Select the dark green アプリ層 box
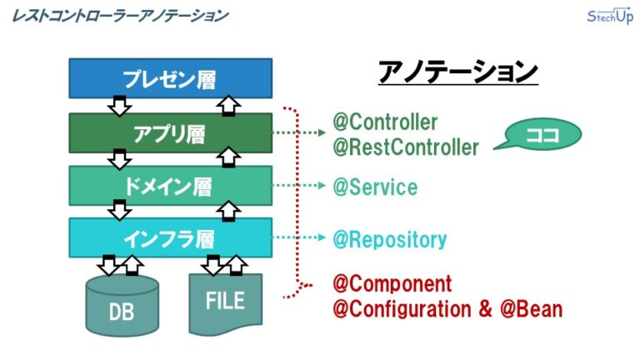tap(170, 132)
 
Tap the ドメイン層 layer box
tap(170, 185)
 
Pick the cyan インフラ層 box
tap(170, 238)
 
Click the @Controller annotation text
tap(385, 122)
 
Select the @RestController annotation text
tap(406, 147)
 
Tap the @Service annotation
tap(375, 187)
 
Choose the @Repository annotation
tap(389, 240)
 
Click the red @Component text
tap(392, 283)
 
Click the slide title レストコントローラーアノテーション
tap(122, 16)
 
